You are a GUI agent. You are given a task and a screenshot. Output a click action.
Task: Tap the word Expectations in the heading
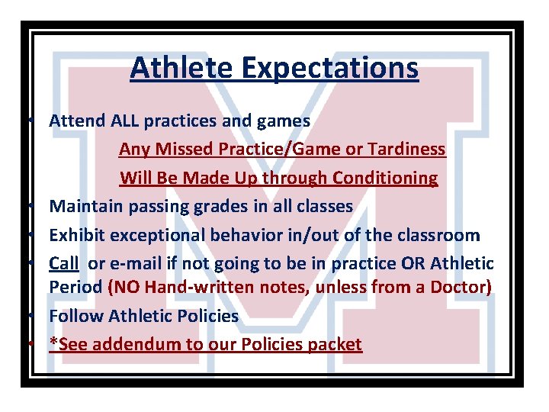point(331,67)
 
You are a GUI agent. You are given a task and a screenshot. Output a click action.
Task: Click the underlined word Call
point(64,263)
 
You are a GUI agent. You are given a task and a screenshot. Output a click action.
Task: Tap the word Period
point(75,288)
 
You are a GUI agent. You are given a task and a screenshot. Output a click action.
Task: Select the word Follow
point(75,316)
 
